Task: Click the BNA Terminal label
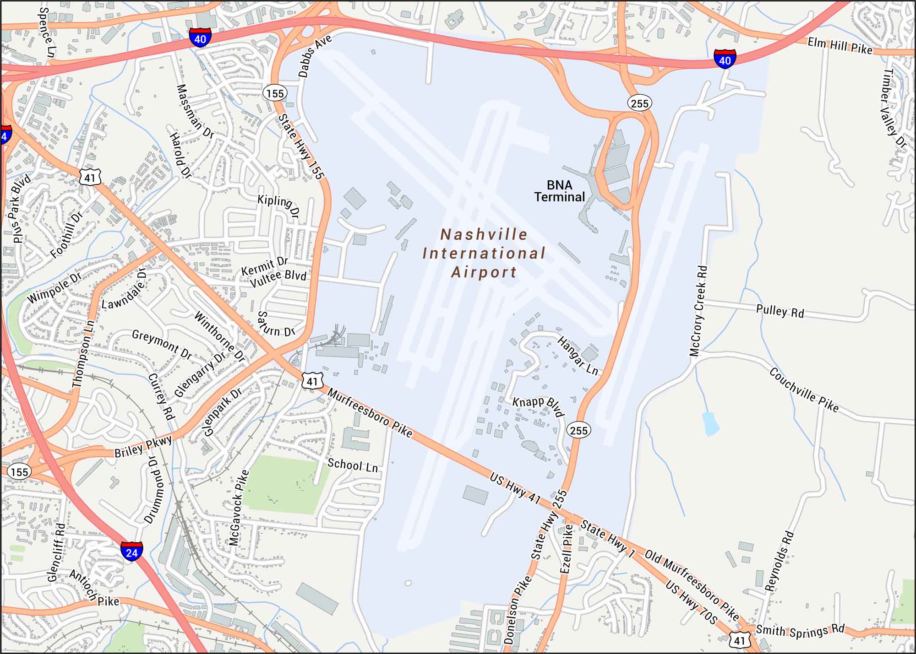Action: point(559,191)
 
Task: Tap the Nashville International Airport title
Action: point(484,253)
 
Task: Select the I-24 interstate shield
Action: point(131,551)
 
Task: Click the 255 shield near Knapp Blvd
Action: point(578,430)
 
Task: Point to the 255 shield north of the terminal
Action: point(639,103)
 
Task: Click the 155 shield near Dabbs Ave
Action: point(275,93)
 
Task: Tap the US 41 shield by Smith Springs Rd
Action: point(740,640)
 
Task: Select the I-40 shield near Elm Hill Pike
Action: point(725,59)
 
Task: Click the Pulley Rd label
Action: point(780,311)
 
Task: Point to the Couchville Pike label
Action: point(804,390)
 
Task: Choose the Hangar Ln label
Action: point(578,356)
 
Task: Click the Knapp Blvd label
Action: point(538,406)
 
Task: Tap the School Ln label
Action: point(353,465)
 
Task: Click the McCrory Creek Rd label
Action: point(698,311)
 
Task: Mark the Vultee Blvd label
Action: point(278,278)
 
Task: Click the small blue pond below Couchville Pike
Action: point(709,423)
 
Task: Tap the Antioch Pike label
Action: point(94,589)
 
